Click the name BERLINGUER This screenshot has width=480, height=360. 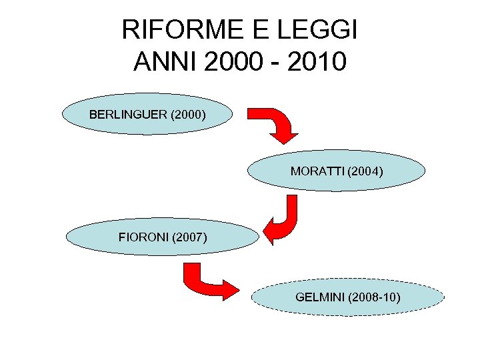[x=128, y=115]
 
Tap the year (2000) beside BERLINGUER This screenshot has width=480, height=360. [x=188, y=115]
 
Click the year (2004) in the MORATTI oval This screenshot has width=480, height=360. [x=366, y=171]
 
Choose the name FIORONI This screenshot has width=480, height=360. [x=143, y=237]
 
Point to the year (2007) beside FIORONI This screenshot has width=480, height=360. [x=189, y=237]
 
